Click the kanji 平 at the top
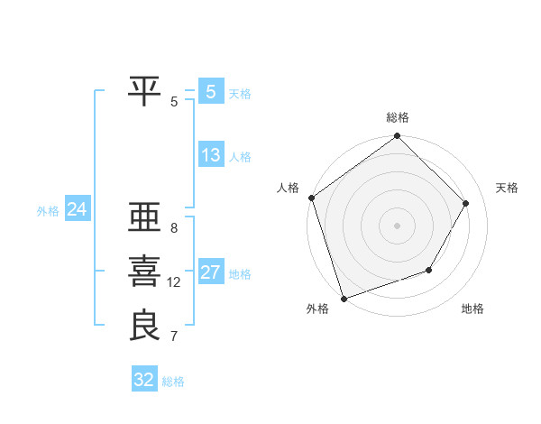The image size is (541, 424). click(x=145, y=91)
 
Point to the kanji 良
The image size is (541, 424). click(x=145, y=326)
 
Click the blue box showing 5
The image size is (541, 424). click(x=210, y=91)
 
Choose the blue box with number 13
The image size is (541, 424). click(x=210, y=154)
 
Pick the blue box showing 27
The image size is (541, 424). click(x=210, y=272)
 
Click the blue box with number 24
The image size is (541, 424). click(x=77, y=209)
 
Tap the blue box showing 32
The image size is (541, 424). click(x=144, y=380)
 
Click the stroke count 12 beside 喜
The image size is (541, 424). click(x=174, y=282)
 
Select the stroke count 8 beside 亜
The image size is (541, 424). click(x=174, y=228)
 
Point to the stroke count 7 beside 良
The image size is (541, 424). click(x=174, y=336)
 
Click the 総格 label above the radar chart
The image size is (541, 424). click(x=398, y=117)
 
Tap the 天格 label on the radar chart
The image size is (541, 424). click(x=507, y=188)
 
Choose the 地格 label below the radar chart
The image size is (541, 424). click(x=472, y=309)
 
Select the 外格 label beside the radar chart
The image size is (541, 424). click(x=317, y=309)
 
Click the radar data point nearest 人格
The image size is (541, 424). click(x=312, y=198)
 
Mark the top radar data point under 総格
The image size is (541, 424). click(x=397, y=137)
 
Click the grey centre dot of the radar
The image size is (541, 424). click(x=397, y=225)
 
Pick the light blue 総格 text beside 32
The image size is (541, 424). click(x=174, y=382)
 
